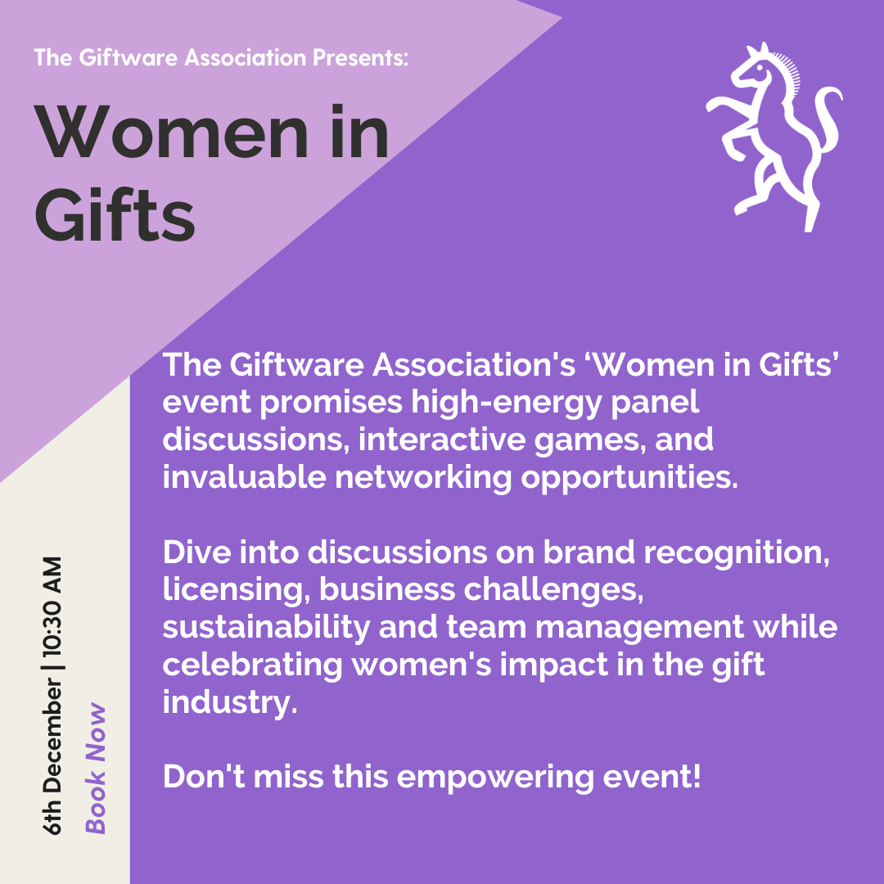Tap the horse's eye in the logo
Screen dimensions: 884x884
pyautogui.click(x=760, y=68)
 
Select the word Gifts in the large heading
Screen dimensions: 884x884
pyautogui.click(x=115, y=214)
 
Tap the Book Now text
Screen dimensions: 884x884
pyautogui.click(x=95, y=768)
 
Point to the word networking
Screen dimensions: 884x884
pyautogui.click(x=423, y=478)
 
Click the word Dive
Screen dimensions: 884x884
pyautogui.click(x=196, y=552)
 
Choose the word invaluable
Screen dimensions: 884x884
pyautogui.click(x=245, y=477)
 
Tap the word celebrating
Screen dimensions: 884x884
pyautogui.click(x=253, y=665)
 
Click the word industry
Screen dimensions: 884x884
pyautogui.click(x=230, y=703)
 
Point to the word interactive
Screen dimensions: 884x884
pyautogui.click(x=442, y=440)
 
